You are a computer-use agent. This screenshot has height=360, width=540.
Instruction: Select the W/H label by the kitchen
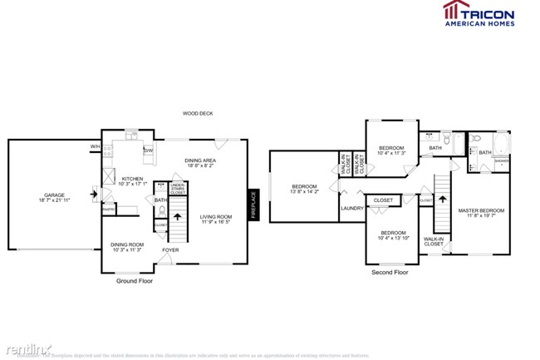pos(96,148)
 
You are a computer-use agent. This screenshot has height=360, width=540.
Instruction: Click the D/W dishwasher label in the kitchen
pos(148,150)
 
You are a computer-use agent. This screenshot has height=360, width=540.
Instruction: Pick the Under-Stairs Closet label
pos(177,189)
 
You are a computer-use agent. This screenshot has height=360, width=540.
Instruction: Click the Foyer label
pos(170,249)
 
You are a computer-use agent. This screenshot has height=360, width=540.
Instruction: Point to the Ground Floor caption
pos(134,281)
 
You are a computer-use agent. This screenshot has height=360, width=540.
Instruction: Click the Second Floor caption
pos(389,272)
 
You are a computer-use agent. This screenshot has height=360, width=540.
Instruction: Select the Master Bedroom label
pos(480,210)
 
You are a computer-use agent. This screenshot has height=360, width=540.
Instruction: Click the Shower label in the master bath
pos(503,162)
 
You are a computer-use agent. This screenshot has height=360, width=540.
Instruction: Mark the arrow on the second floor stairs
pos(441,199)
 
